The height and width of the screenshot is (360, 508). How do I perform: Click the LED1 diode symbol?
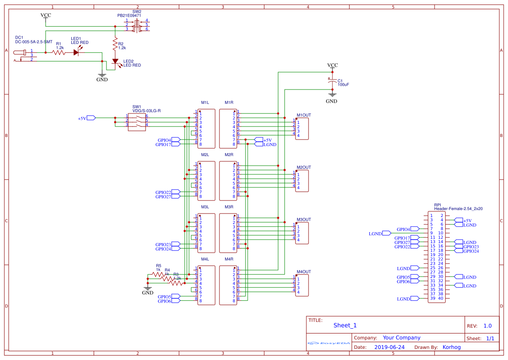click(x=76, y=53)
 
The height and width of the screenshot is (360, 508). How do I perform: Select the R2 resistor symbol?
click(x=115, y=44)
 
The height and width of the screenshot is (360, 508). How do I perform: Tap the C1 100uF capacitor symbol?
click(x=332, y=81)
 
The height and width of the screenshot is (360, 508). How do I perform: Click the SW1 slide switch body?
click(x=137, y=120)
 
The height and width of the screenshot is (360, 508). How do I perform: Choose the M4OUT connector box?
click(x=302, y=285)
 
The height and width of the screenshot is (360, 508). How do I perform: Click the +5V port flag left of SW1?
click(x=92, y=118)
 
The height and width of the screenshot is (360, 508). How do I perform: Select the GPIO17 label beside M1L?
click(x=163, y=144)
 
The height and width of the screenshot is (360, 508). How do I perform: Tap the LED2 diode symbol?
click(x=115, y=62)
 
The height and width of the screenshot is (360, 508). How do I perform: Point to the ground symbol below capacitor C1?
click(x=332, y=94)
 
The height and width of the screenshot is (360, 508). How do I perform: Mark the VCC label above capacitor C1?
click(x=332, y=66)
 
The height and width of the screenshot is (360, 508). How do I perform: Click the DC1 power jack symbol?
click(x=22, y=55)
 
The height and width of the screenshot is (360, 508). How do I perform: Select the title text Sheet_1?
click(x=345, y=325)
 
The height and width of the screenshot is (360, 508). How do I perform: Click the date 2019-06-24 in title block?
click(x=389, y=347)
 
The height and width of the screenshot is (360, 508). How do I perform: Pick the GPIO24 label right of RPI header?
click(x=471, y=251)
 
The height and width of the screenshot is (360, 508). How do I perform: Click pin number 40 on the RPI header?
click(x=441, y=298)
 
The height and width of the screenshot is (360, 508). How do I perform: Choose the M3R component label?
click(x=229, y=207)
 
